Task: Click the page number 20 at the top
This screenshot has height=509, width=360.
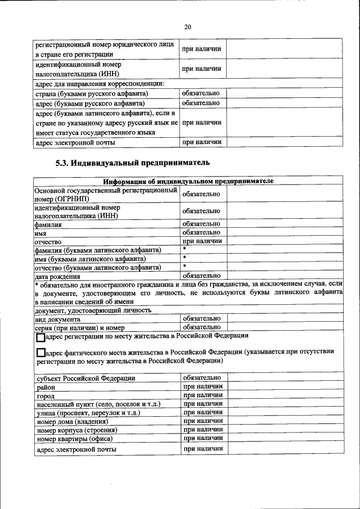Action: point(187,26)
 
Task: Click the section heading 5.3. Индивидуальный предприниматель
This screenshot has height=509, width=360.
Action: point(133,163)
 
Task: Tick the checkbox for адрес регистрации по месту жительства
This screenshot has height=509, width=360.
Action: point(40,339)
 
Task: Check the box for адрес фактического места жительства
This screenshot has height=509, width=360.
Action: point(40,353)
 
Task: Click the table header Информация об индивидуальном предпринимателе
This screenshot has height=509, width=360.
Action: point(188,181)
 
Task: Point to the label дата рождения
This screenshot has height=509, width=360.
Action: point(57,276)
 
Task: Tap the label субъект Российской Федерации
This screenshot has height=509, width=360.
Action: point(85,378)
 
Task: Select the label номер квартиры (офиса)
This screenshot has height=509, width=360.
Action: point(75,438)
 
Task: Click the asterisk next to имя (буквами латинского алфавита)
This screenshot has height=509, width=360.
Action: point(184,258)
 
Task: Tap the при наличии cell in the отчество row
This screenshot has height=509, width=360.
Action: point(202,241)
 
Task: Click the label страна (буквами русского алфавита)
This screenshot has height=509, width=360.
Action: point(91,93)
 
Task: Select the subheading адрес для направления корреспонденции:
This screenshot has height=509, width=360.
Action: point(100,84)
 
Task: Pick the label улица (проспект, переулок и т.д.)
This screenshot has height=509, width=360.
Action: point(88,412)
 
